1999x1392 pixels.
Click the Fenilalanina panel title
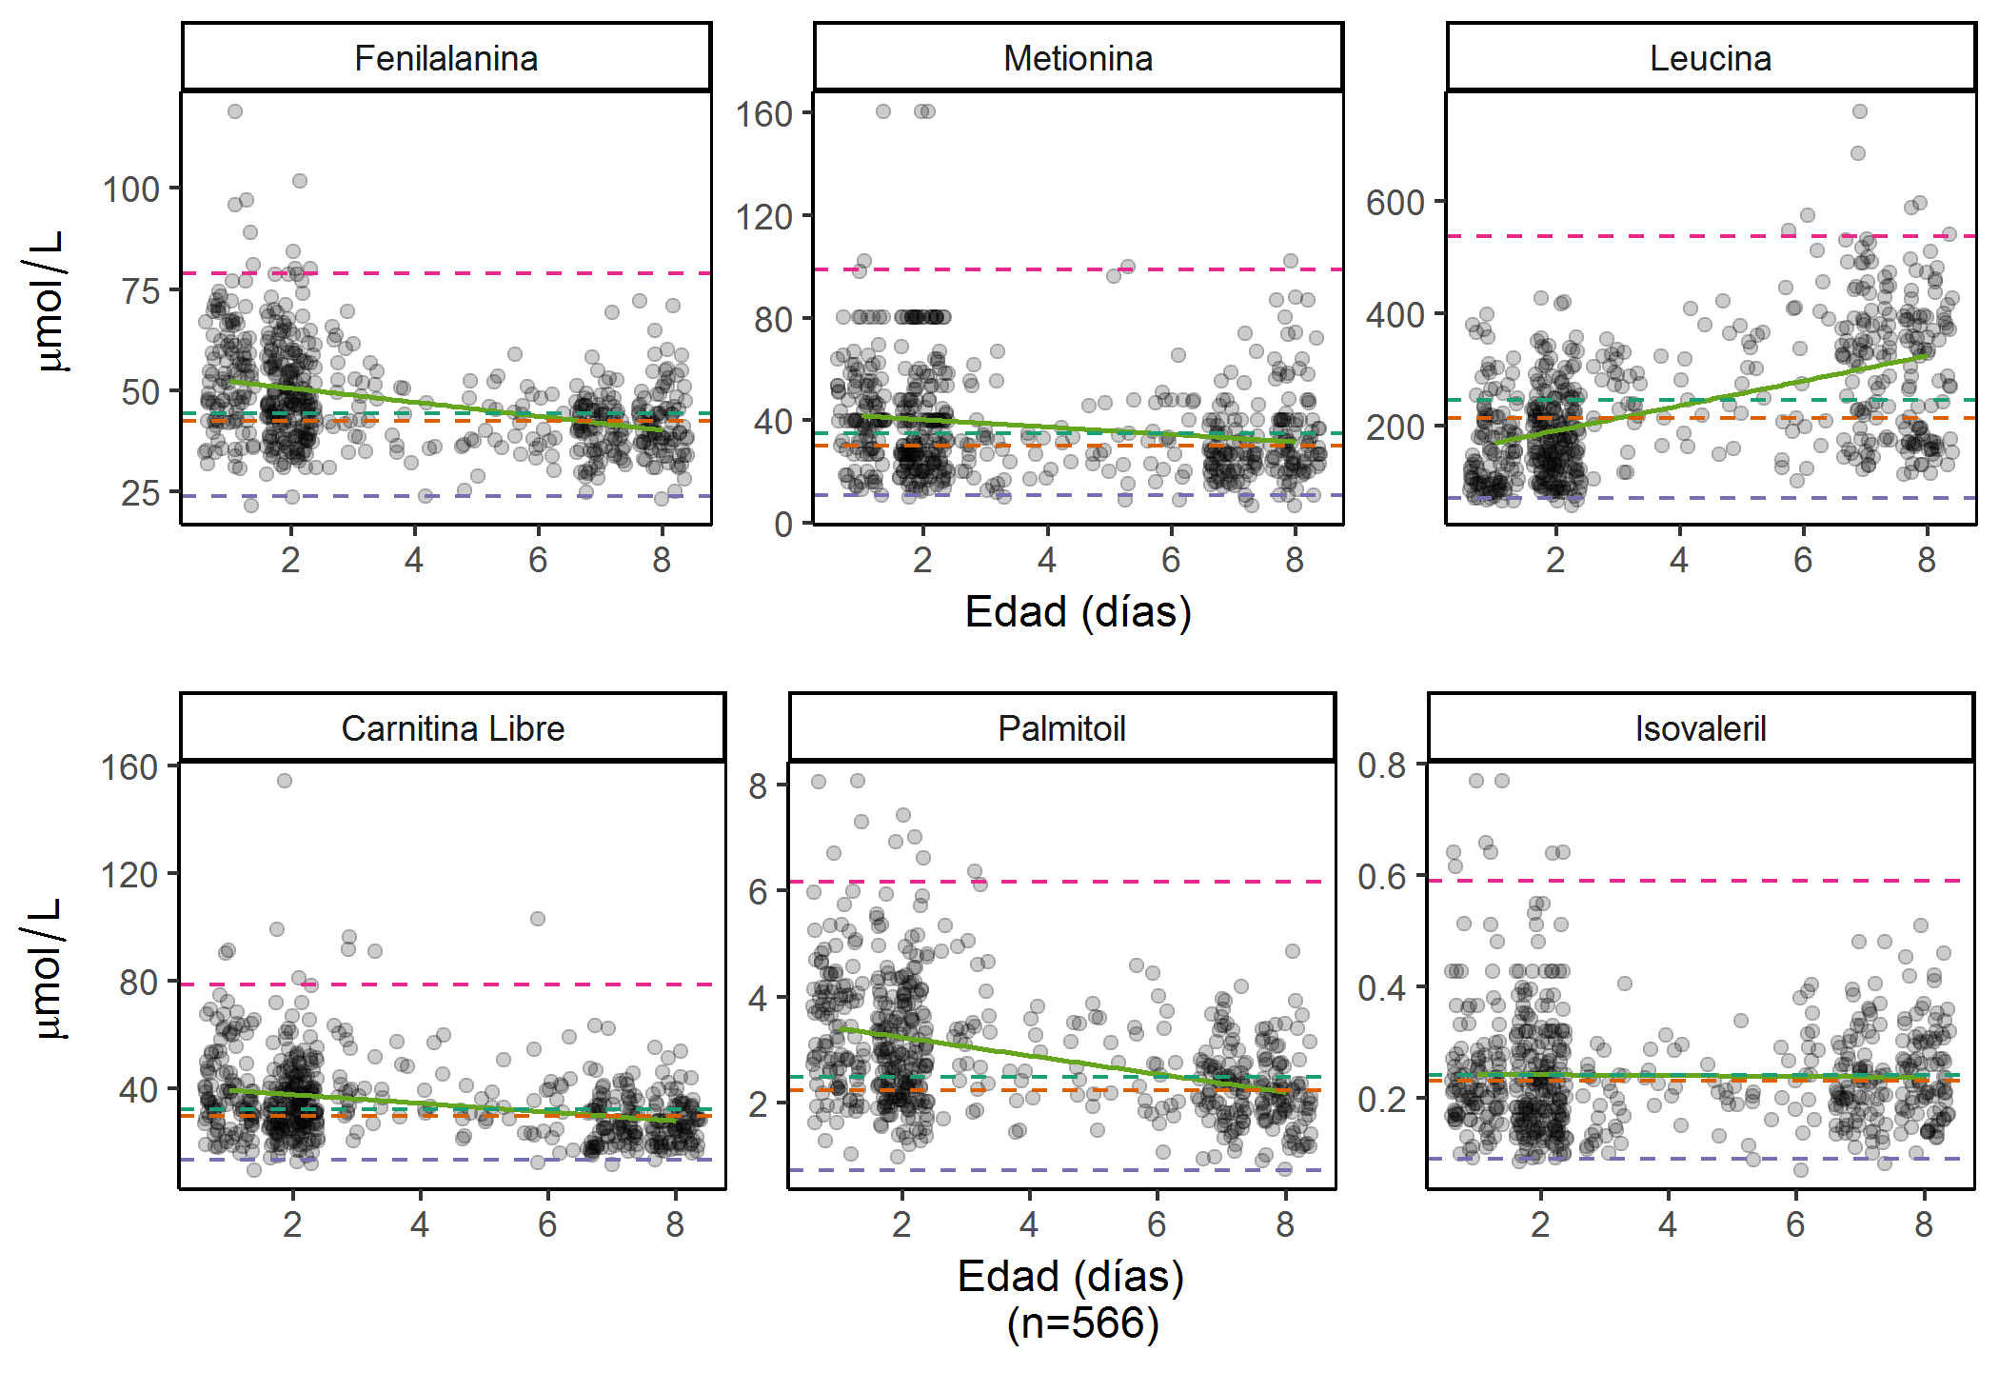coord(445,59)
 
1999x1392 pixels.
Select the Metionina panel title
coord(1078,59)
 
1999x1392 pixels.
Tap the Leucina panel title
coord(1711,59)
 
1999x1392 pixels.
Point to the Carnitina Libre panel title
coord(452,729)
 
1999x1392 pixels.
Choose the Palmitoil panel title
coord(1061,729)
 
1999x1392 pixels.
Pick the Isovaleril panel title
coord(1700,729)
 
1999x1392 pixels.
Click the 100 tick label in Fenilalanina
coord(131,189)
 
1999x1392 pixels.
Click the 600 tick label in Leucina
coord(1395,203)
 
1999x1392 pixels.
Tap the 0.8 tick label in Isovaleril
coord(1381,765)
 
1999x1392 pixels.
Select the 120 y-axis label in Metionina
coord(763,217)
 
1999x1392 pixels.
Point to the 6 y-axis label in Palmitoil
coord(758,892)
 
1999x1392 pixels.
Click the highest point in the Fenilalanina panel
coord(235,111)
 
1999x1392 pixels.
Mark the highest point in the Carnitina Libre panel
coord(285,781)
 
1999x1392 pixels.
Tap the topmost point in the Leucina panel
coord(1859,111)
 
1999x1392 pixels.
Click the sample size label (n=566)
coord(1083,1323)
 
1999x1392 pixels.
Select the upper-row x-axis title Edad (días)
coord(1078,612)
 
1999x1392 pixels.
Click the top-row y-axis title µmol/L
coord(43,301)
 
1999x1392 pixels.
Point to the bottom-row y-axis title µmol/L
coord(43,968)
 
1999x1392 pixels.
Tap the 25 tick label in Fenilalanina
coord(141,493)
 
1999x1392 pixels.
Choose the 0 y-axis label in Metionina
coord(782,525)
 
